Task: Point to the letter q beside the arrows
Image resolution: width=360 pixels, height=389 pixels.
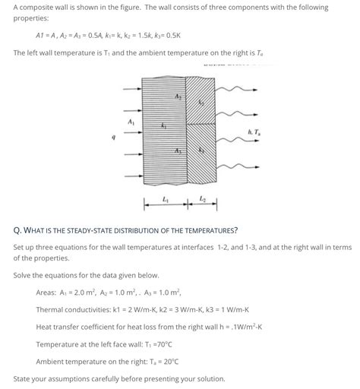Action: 114,138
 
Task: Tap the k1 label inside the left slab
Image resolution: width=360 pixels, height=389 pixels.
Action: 164,125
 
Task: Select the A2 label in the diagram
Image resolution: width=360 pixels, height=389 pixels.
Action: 178,96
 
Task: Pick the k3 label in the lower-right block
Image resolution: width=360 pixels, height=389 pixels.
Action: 201,150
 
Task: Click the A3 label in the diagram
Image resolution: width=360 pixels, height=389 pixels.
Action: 178,150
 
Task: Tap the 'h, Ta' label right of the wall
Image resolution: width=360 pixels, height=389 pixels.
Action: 254,135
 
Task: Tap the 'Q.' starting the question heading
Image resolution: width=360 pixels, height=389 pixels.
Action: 17,229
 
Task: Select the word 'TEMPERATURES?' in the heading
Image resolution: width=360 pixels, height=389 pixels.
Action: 206,229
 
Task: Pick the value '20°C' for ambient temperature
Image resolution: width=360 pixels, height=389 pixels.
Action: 167,361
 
